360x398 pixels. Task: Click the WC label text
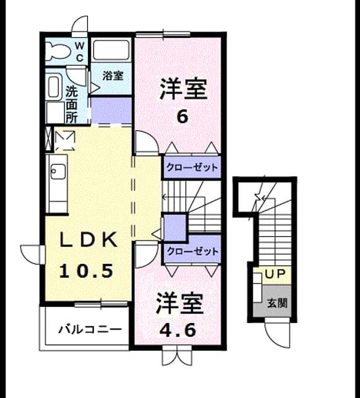point(80,52)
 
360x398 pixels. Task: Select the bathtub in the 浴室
point(111,50)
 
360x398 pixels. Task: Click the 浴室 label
point(113,75)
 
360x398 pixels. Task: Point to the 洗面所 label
point(71,105)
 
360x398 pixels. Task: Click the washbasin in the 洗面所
point(54,87)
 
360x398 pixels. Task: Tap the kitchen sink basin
point(58,171)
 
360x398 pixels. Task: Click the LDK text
point(88,239)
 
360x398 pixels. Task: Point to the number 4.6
point(177,330)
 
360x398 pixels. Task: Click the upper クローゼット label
point(192,167)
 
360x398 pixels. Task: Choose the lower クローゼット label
point(192,251)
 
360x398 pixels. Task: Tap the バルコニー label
point(90,330)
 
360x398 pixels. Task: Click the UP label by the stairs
point(275,274)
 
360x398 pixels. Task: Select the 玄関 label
point(277,303)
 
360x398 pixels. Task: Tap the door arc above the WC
point(80,25)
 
